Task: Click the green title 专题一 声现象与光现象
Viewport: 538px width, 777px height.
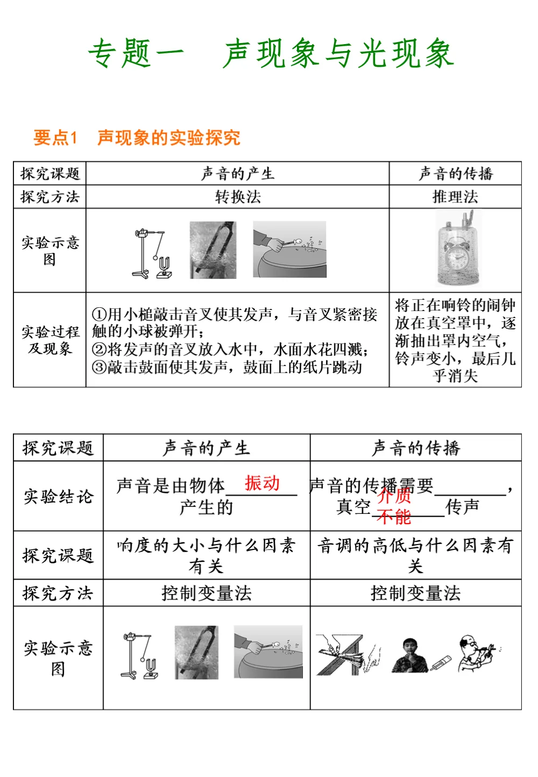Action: (271, 54)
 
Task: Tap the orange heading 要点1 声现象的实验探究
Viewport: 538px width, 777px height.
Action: (137, 138)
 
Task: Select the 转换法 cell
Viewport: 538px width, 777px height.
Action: (238, 197)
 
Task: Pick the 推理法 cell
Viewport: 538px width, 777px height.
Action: (455, 197)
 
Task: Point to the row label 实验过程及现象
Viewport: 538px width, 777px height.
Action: (50, 340)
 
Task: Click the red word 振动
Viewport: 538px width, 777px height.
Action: (262, 483)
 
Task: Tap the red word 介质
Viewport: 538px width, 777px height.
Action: (394, 496)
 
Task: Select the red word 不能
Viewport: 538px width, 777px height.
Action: (394, 517)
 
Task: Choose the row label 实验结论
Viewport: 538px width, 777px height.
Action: (58, 496)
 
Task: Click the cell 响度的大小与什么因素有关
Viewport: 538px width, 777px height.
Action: (207, 555)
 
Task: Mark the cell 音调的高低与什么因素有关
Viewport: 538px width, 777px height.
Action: (415, 555)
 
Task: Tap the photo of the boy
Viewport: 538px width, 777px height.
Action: (410, 655)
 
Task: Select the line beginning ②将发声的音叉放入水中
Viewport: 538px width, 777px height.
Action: (230, 350)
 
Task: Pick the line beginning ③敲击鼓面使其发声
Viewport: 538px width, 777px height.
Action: (226, 368)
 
